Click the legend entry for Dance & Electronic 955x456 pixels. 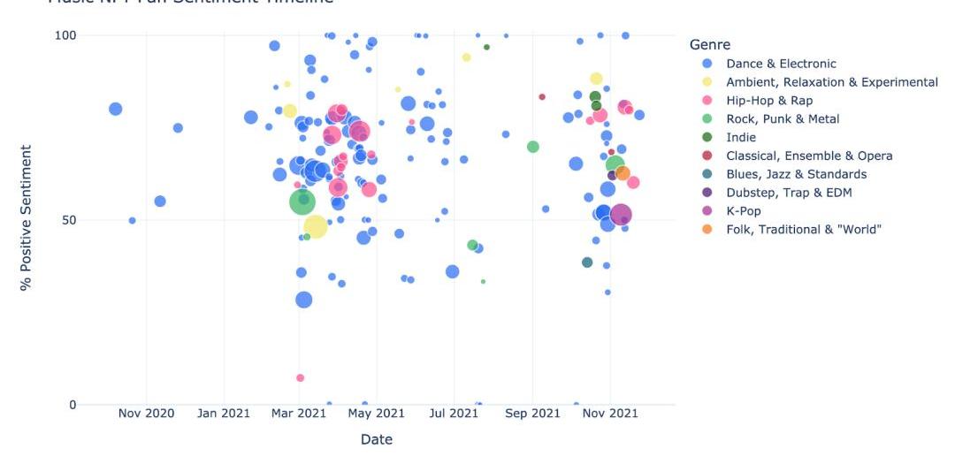780,64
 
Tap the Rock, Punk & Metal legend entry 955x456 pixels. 783,119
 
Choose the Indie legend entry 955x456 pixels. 741,138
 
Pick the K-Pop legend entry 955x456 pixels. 743,211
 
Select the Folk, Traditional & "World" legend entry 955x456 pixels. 804,230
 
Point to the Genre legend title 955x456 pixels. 710,44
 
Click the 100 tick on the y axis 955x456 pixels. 66,35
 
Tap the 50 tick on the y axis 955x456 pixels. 70,220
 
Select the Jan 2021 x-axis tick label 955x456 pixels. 224,413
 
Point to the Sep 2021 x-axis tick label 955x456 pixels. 532,413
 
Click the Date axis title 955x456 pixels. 376,439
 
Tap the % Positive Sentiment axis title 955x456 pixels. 26,218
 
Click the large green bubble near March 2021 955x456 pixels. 302,201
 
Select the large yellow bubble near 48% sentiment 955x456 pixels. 315,226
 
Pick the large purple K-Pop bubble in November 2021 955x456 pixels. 621,215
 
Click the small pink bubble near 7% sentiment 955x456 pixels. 300,377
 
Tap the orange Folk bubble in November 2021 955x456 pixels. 623,173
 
